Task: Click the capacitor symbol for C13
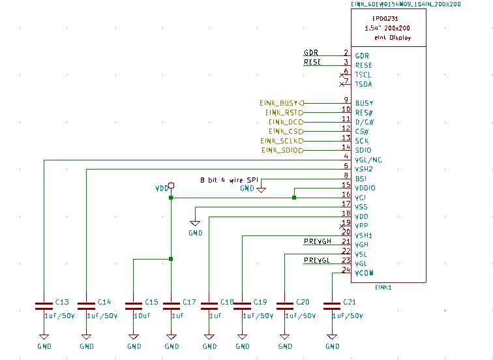pyautogui.click(x=43, y=305)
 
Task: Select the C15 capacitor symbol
pyautogui.click(x=133, y=305)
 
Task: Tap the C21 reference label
pyautogui.click(x=349, y=303)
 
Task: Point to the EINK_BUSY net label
pyautogui.click(x=279, y=103)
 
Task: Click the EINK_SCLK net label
pyautogui.click(x=281, y=141)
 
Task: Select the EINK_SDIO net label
pyautogui.click(x=282, y=151)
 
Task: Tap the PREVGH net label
pyautogui.click(x=318, y=242)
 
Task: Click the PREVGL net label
pyautogui.click(x=318, y=261)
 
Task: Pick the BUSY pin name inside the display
pyautogui.click(x=364, y=104)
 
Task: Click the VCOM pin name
pyautogui.click(x=364, y=273)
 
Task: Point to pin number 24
pyautogui.click(x=346, y=269)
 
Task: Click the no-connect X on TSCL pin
pyautogui.click(x=342, y=75)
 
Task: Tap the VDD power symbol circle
pyautogui.click(x=171, y=185)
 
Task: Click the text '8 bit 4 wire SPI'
pyautogui.click(x=230, y=179)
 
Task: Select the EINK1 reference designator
pyautogui.click(x=383, y=287)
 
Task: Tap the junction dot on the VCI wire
pyautogui.click(x=294, y=198)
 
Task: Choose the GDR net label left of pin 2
pyautogui.click(x=311, y=53)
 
